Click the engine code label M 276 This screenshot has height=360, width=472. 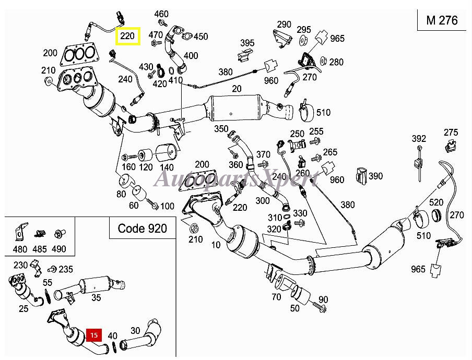(x=442, y=20)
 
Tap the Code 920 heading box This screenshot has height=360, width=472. (x=142, y=228)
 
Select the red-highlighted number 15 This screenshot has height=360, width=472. (x=94, y=335)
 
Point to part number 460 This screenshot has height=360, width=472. (x=161, y=14)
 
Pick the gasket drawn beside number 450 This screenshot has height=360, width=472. (x=187, y=36)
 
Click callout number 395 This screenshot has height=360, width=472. (x=247, y=43)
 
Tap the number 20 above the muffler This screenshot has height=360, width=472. (x=237, y=88)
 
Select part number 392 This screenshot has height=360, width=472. (x=419, y=139)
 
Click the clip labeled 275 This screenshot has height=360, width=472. (x=450, y=147)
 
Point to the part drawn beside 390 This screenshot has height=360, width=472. (x=361, y=175)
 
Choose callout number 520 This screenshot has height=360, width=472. (x=436, y=202)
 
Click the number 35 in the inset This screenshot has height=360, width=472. (x=96, y=297)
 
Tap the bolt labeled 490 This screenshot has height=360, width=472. (x=57, y=234)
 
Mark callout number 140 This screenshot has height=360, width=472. (x=167, y=167)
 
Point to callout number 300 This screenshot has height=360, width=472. (x=263, y=200)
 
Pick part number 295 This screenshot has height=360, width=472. (x=304, y=29)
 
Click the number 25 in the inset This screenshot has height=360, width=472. (x=23, y=308)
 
